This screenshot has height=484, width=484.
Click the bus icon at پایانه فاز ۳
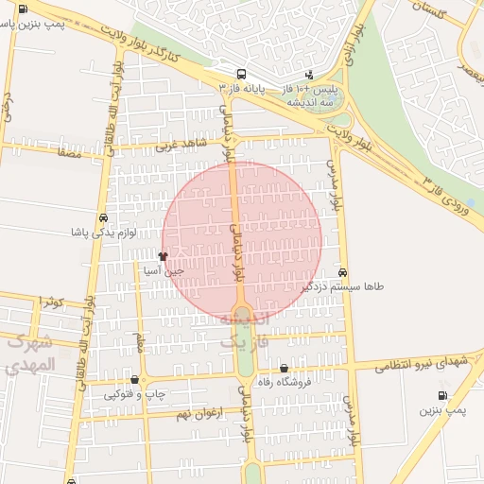[x=241, y=74]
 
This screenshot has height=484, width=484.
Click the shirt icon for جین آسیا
[x=163, y=255]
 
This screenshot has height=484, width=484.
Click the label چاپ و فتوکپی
[x=134, y=392]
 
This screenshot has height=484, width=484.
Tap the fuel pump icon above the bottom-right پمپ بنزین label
[x=442, y=396]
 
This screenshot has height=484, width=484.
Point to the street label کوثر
[x=52, y=302]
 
